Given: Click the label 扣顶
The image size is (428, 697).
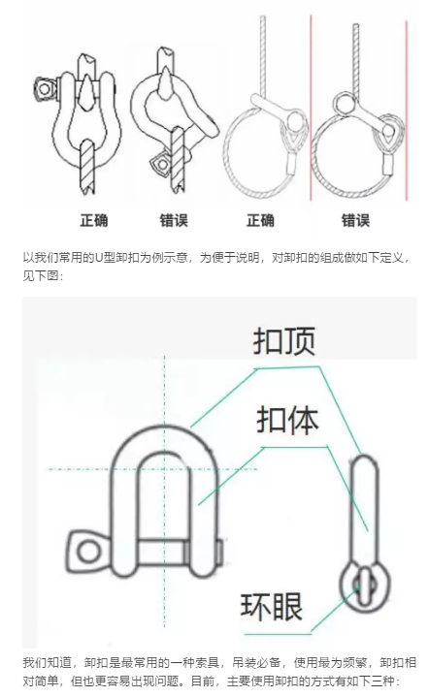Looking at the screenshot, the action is point(284,341).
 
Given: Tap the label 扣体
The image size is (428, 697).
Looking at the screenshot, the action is point(287,420).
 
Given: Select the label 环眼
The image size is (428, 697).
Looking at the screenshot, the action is point(272,606).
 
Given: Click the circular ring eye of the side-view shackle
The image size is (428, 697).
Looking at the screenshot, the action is point(365,586).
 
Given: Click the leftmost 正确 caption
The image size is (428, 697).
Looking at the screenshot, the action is point(94,220).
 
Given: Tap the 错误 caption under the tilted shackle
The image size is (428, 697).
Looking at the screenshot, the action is point(174,220).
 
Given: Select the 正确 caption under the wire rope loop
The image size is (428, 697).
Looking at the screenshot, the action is point(260,220).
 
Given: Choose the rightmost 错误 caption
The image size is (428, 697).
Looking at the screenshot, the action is point(355,220).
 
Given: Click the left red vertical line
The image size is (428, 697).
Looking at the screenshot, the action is point(311,108).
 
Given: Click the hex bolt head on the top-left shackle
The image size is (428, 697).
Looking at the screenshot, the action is point(45,89).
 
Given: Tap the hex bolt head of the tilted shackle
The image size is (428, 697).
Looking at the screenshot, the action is point(161,166).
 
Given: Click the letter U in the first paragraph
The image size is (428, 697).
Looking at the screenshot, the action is point(99,258).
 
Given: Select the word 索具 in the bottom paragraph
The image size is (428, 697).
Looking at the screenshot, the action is point(208,663).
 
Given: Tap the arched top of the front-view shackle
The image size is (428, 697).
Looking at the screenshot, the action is point(164,430).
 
